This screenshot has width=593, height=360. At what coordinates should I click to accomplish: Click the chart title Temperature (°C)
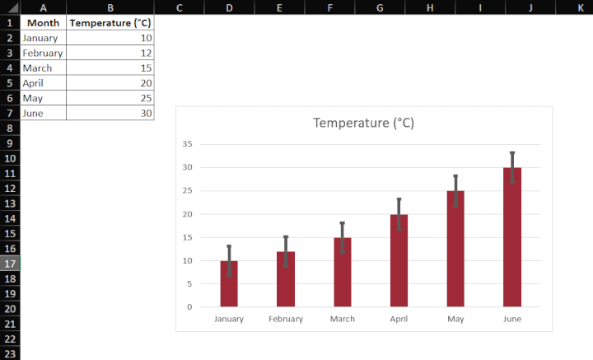(x=363, y=123)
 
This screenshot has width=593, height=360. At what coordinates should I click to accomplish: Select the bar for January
(x=229, y=284)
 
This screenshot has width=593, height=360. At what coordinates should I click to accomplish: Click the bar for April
(x=399, y=261)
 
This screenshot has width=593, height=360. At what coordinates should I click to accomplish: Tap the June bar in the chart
(x=512, y=237)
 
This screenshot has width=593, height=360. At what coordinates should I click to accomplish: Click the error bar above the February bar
(x=286, y=250)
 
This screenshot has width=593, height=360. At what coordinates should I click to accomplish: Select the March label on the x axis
(x=342, y=320)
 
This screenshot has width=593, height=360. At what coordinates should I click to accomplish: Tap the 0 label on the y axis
(x=189, y=307)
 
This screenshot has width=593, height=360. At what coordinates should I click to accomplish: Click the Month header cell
(x=43, y=23)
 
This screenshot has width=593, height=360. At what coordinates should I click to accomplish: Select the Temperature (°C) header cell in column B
(x=110, y=23)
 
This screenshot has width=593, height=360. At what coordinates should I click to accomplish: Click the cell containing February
(x=43, y=53)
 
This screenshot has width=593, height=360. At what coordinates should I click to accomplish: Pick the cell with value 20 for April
(x=110, y=83)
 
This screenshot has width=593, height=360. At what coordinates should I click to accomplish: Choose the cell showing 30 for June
(x=110, y=113)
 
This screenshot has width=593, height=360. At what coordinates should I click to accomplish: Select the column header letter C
(x=179, y=7)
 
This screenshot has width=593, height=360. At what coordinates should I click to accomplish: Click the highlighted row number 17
(x=10, y=264)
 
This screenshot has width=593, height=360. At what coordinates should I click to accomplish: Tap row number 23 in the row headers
(x=10, y=353)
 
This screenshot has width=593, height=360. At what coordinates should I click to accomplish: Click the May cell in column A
(x=43, y=98)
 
